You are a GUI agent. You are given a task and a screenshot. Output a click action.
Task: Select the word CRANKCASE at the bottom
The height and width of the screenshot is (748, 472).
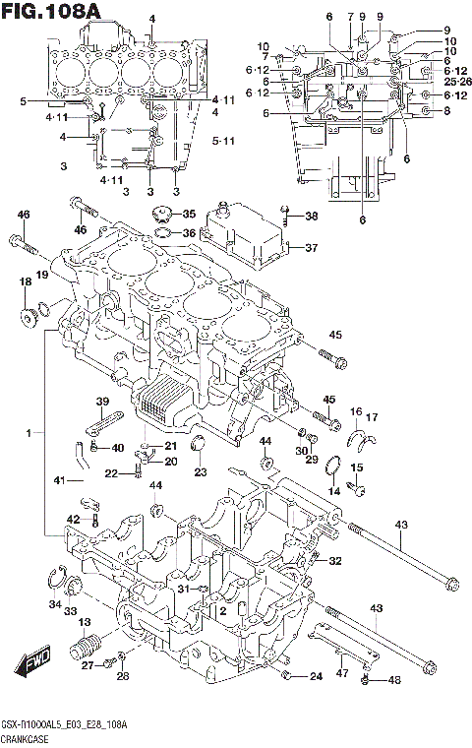pos(29,737)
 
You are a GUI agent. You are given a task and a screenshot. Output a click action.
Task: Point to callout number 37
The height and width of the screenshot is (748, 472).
pos(310,248)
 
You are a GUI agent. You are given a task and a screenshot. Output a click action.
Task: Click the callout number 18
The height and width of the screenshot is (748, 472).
pos(25,282)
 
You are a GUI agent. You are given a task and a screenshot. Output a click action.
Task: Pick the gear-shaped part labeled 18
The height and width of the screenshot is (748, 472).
pos(29,316)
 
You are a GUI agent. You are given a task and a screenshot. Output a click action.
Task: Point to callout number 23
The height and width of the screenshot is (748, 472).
pos(201,472)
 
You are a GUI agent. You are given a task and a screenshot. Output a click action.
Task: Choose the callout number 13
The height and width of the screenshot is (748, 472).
pos(85,621)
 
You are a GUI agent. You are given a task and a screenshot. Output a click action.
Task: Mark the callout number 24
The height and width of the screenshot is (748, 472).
pos(315,677)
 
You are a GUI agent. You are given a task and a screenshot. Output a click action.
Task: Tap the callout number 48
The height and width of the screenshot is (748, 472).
pos(395,680)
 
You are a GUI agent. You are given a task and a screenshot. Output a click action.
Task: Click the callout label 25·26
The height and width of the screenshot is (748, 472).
pos(457,81)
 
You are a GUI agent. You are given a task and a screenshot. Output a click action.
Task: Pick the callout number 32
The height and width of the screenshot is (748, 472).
pos(335,562)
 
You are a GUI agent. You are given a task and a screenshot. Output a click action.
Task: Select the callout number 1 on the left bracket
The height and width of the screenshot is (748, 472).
pos(30,432)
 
